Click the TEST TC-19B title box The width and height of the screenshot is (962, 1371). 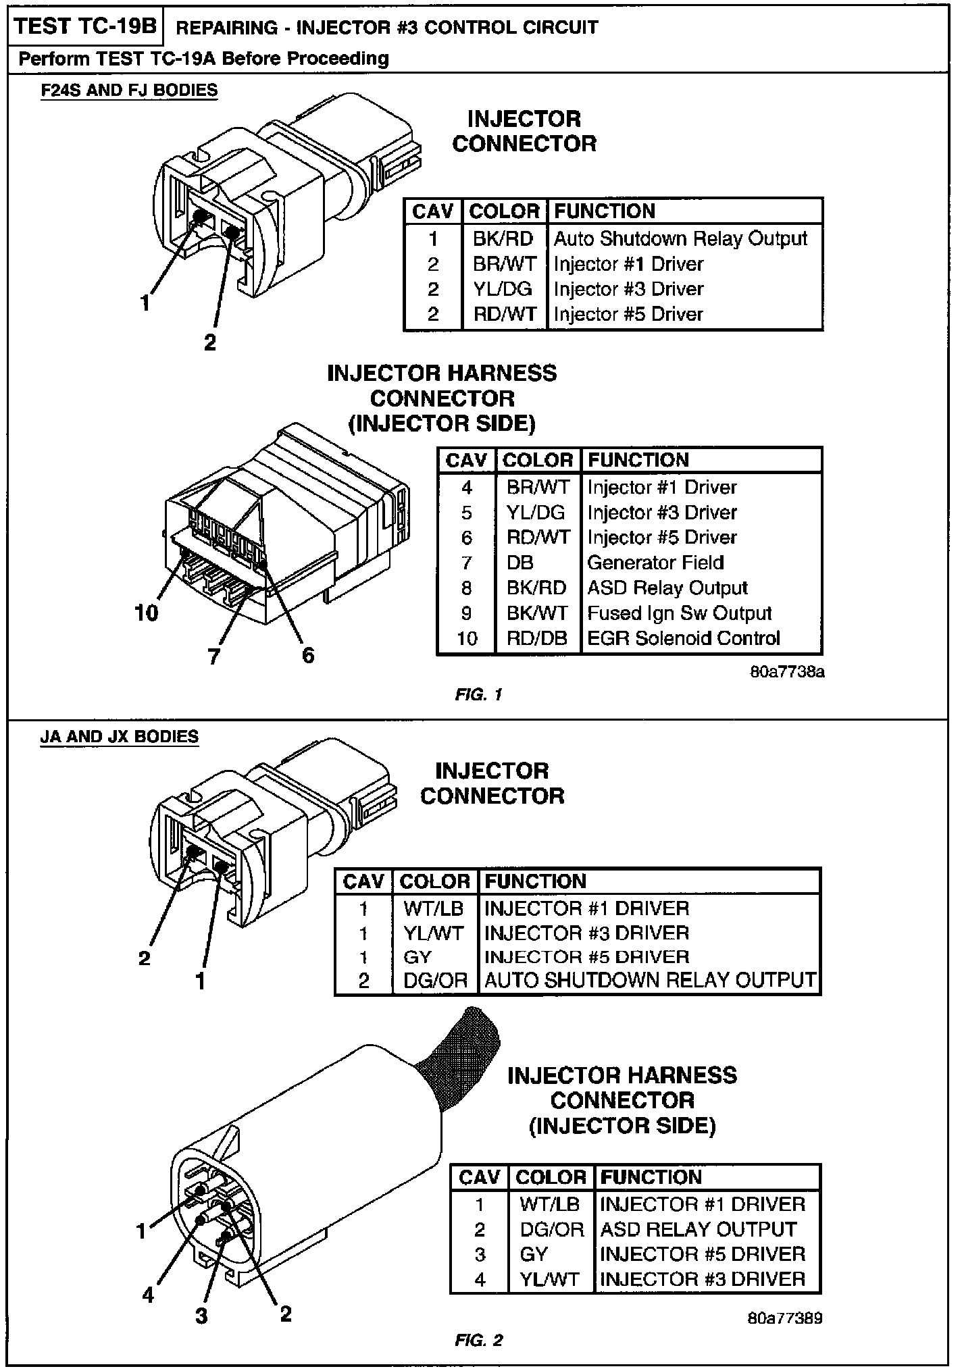(x=85, y=26)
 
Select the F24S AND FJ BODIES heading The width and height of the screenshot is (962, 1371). (x=129, y=90)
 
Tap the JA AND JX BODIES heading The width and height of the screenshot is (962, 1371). (x=120, y=736)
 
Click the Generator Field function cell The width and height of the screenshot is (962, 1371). (x=655, y=563)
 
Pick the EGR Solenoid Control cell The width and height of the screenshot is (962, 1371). (x=683, y=638)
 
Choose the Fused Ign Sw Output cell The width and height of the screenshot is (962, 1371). (x=679, y=613)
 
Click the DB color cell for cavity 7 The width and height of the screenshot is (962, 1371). (x=520, y=563)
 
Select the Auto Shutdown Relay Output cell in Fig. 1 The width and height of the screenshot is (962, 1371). (x=680, y=238)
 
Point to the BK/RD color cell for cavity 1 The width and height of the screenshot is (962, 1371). (x=503, y=238)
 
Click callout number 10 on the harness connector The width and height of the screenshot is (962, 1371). (x=147, y=613)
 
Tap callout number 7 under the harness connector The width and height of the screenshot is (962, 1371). (x=214, y=656)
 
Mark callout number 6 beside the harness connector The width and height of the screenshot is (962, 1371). (x=308, y=654)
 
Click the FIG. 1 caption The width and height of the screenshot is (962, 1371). (x=479, y=694)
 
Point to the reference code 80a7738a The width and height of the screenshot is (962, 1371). (x=787, y=673)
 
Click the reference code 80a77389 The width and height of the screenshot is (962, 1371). (x=786, y=1318)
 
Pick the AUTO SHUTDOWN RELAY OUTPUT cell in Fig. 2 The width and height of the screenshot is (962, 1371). (x=650, y=981)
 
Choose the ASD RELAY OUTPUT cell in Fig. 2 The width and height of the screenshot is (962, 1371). (x=698, y=1229)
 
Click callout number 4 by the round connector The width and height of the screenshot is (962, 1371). (x=148, y=1295)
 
